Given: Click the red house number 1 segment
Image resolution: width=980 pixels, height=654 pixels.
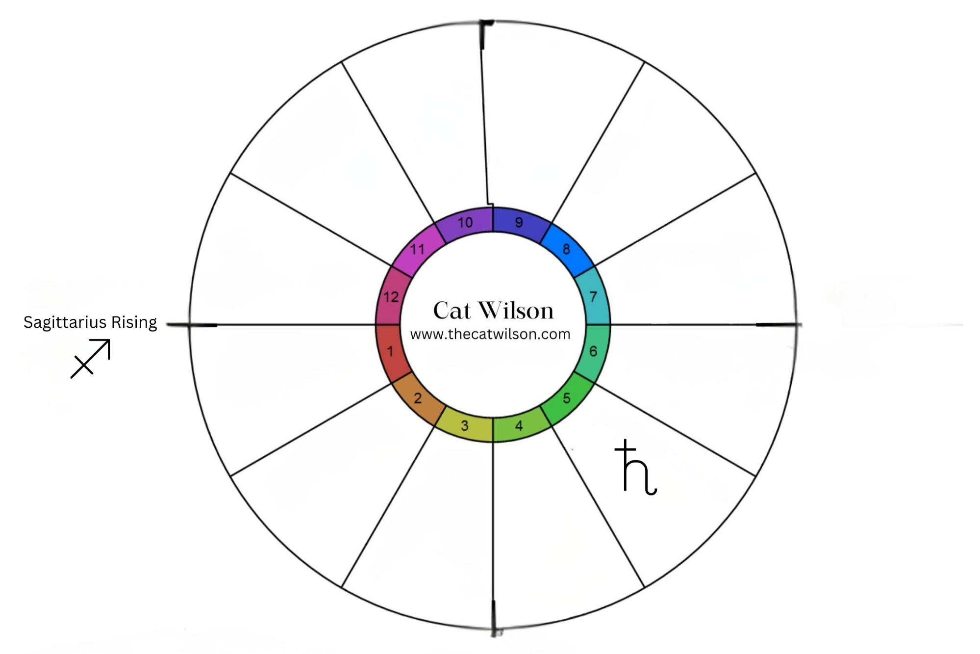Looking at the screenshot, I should pyautogui.click(x=390, y=352).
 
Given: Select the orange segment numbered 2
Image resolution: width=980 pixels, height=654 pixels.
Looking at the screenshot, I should pyautogui.click(x=418, y=398).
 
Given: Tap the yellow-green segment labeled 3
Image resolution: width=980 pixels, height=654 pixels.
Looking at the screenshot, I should pyautogui.click(x=465, y=425).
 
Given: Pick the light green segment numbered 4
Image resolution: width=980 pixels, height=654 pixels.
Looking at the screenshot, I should pyautogui.click(x=519, y=425).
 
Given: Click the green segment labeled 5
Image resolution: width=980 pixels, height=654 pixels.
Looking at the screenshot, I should pyautogui.click(x=566, y=398).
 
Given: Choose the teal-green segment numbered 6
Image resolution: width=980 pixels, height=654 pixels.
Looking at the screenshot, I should pyautogui.click(x=593, y=351).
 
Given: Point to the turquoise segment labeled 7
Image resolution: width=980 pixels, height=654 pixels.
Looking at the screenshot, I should pyautogui.click(x=593, y=297).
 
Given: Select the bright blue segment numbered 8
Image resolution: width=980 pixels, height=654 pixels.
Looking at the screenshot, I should pyautogui.click(x=566, y=249).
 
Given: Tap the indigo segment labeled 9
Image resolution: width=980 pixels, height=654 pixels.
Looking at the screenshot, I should pyautogui.click(x=519, y=222).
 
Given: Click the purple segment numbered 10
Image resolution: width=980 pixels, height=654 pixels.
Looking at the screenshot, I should pyautogui.click(x=465, y=222).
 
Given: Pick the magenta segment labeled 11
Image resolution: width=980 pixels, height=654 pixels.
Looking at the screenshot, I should pyautogui.click(x=418, y=249).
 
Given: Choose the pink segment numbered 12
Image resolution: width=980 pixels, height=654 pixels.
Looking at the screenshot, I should pyautogui.click(x=391, y=297).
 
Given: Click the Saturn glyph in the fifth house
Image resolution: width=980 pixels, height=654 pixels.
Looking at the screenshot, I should pyautogui.click(x=635, y=468).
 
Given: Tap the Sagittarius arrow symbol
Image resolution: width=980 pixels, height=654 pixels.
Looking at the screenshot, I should pyautogui.click(x=91, y=359).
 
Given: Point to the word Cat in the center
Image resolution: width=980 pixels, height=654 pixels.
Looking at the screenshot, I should pyautogui.click(x=452, y=311).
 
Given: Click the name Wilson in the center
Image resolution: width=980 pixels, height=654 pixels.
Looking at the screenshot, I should pyautogui.click(x=516, y=311).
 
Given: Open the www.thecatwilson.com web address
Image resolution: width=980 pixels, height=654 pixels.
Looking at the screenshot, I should pyautogui.click(x=490, y=334).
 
